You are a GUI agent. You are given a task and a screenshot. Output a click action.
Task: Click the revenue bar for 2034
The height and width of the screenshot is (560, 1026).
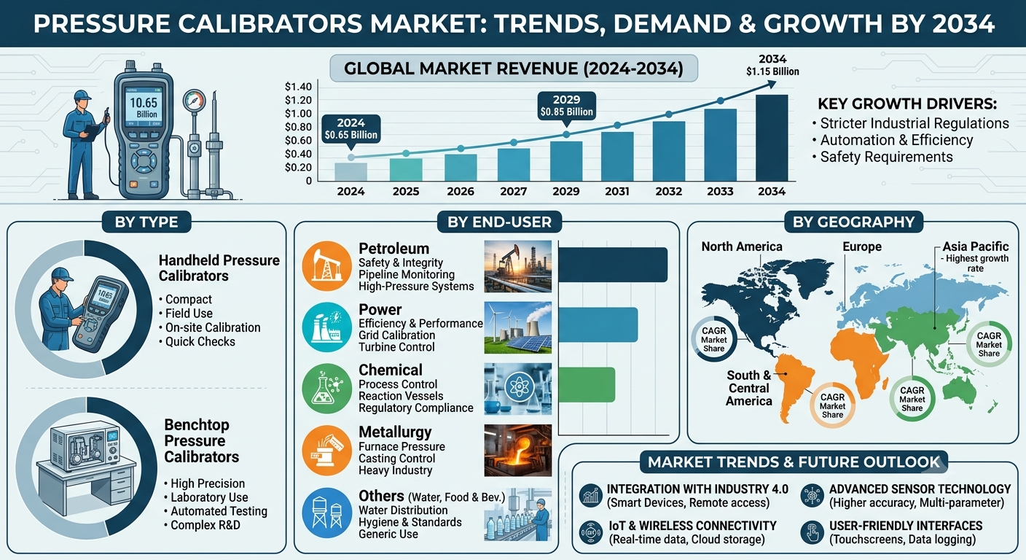tap(772, 138)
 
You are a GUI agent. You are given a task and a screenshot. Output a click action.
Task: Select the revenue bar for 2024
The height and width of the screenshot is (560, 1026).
tap(351, 172)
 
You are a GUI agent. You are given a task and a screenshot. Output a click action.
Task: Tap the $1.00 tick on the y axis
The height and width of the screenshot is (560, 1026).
tap(298, 114)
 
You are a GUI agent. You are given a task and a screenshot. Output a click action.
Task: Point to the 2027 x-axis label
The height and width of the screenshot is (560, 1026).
tap(514, 192)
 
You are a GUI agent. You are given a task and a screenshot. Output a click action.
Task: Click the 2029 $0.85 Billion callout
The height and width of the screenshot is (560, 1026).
tap(567, 106)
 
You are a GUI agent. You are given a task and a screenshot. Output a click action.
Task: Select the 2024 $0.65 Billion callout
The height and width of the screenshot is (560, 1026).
tap(351, 129)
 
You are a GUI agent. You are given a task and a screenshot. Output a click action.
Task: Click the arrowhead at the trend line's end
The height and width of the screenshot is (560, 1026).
tap(772, 84)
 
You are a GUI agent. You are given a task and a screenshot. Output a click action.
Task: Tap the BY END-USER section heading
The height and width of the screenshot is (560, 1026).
tap(499, 222)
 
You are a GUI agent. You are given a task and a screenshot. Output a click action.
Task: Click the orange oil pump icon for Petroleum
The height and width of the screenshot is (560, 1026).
tap(326, 266)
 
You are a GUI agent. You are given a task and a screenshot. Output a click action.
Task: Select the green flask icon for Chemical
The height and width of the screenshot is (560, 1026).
tap(326, 389)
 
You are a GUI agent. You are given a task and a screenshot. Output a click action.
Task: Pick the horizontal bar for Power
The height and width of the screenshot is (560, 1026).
tap(598, 324)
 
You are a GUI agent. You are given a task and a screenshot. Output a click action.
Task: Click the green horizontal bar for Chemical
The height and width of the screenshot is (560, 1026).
tap(587, 385)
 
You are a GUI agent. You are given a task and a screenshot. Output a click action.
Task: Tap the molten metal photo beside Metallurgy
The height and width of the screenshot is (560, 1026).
tap(517, 451)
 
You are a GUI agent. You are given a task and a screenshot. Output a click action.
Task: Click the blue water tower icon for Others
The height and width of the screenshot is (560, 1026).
tap(326, 513)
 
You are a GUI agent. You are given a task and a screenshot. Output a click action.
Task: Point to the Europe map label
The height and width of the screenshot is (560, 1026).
tap(862, 246)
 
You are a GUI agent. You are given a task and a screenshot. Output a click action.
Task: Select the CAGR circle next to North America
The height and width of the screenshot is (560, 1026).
tap(713, 340)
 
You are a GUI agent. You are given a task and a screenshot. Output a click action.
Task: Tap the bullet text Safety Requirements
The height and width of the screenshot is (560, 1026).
tap(886, 157)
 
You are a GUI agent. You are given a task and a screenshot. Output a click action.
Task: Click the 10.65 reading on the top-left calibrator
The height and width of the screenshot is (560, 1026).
tap(144, 103)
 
